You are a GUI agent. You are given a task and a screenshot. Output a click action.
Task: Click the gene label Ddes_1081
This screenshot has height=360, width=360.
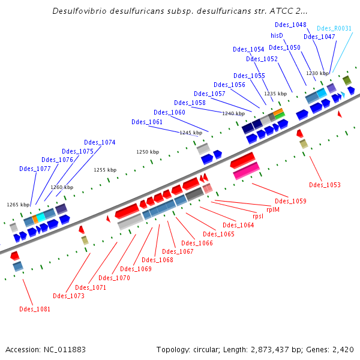[35, 309]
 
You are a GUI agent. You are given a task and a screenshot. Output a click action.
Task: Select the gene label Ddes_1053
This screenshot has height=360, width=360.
[325, 185]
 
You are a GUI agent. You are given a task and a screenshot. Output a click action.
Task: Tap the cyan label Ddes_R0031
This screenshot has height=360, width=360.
[334, 28]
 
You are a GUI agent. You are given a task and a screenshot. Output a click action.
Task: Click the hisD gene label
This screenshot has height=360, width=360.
[277, 36]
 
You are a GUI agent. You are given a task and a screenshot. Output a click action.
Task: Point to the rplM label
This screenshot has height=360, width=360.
[273, 209]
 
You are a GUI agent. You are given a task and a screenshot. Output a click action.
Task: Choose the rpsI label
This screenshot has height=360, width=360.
[257, 216]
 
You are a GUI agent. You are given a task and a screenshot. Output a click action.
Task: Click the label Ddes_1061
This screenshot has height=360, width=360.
[147, 122]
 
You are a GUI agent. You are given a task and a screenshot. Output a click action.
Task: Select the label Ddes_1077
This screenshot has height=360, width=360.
[35, 169]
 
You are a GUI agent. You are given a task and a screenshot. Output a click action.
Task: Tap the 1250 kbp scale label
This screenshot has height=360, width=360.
[148, 152]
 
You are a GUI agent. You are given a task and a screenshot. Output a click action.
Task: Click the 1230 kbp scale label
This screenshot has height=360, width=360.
[317, 73]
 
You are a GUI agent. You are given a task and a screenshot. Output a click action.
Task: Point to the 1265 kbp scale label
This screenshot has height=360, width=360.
[18, 205]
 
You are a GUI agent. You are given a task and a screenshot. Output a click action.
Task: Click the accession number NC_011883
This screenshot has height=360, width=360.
[63, 349]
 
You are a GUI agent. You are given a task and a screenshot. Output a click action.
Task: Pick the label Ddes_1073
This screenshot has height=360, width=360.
[68, 296]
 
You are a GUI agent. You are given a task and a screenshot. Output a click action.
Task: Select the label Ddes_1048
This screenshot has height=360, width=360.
[290, 25]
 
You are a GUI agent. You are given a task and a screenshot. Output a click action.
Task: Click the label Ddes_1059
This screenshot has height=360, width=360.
[290, 201]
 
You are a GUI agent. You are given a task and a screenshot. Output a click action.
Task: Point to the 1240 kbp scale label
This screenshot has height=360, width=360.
[233, 113]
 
